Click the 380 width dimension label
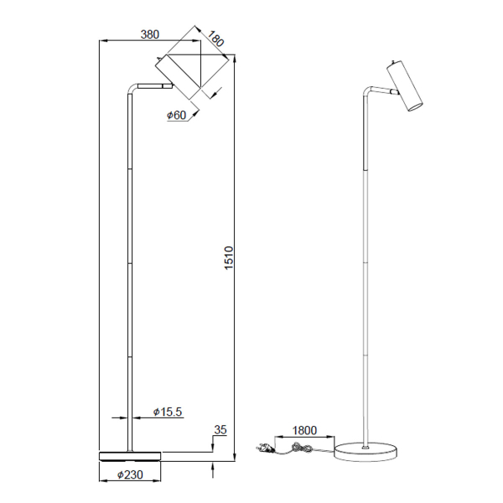click(x=149, y=34)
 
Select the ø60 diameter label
click(x=176, y=115)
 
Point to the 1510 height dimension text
click(x=228, y=258)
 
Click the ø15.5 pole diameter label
click(x=169, y=412)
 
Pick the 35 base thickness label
click(x=220, y=430)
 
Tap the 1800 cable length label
click(x=304, y=431)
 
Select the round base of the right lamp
click(x=367, y=452)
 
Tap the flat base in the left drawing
click(x=130, y=456)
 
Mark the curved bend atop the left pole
click(x=132, y=88)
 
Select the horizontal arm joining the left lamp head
click(x=153, y=85)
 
